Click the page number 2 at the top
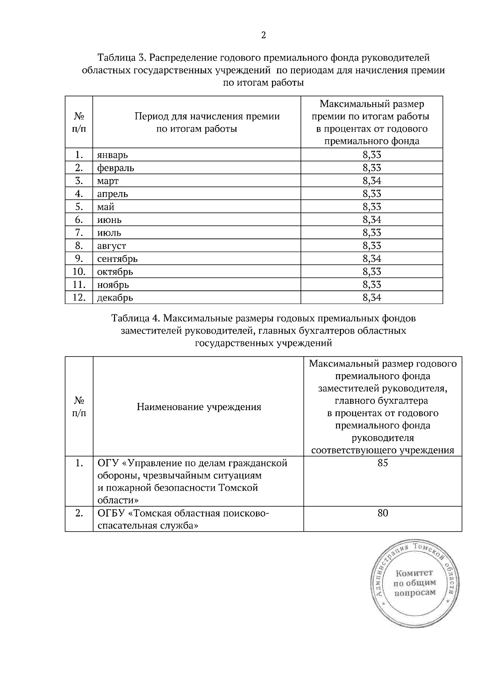[263, 35]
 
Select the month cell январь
[112, 155]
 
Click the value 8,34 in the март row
[371, 181]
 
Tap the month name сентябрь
[117, 259]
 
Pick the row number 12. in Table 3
[79, 298]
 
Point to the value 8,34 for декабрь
[371, 298]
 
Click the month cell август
[112, 246]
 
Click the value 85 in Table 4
[383, 463]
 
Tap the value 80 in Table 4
[383, 513]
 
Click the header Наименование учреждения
[199, 407]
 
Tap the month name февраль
[116, 168]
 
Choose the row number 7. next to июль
[79, 233]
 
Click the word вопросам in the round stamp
[415, 593]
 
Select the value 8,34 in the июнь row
[371, 220]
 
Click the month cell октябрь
[115, 272]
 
